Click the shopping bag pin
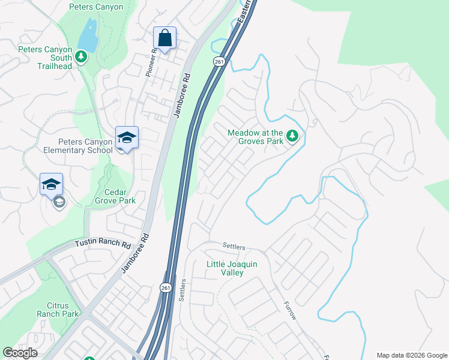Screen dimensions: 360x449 (x=164, y=39)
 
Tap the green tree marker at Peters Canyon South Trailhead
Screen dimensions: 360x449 (x=82, y=57)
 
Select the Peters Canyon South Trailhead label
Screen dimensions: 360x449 (x=45, y=58)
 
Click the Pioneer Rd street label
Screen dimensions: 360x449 (x=151, y=62)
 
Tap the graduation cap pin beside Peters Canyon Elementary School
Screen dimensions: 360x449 (x=127, y=138)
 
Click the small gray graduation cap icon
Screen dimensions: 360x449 (x=59, y=202)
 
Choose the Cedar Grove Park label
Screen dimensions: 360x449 (x=115, y=196)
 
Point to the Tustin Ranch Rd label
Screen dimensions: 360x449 (x=103, y=245)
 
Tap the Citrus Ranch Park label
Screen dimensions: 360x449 (x=58, y=310)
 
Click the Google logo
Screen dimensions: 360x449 (x=20, y=353)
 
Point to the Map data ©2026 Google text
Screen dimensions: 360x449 (x=412, y=355)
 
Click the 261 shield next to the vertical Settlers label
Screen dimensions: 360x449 (x=166, y=289)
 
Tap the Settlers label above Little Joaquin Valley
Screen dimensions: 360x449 (x=234, y=246)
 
